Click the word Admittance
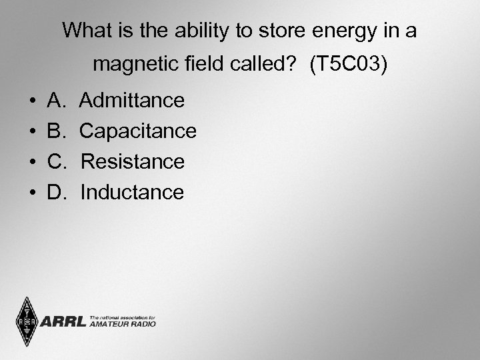pos(132,101)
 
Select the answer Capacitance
pos(138,131)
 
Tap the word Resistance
pos(132,162)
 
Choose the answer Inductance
pos(132,193)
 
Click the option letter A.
pos(55,101)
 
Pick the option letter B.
pos(55,131)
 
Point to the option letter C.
pos(56,162)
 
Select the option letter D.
pos(56,193)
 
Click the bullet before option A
pos(33,101)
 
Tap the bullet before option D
pos(33,193)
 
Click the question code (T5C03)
pos(348,65)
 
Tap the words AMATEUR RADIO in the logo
pos(121,325)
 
